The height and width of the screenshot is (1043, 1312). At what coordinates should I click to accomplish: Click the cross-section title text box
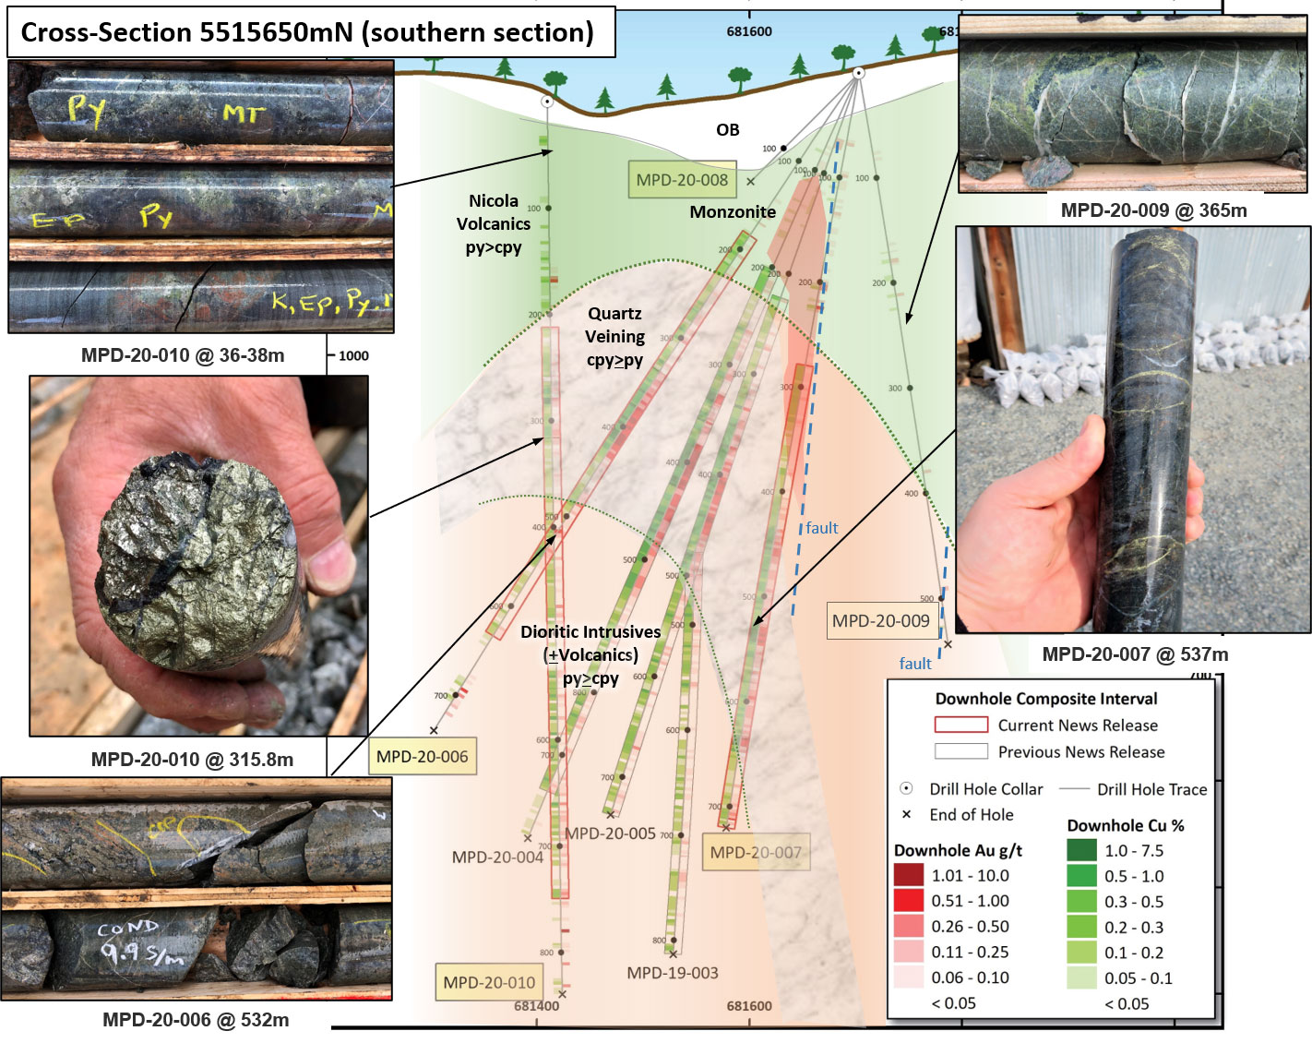tap(307, 32)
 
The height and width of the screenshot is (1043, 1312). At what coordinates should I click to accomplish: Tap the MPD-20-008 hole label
tap(682, 181)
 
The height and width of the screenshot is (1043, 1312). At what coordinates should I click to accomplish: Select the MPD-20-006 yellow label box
tap(423, 757)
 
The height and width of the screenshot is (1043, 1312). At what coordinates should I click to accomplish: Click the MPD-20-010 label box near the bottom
tap(489, 983)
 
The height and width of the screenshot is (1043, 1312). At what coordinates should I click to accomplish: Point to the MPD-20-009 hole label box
tap(881, 621)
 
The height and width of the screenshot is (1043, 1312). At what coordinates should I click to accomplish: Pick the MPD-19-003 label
tap(673, 973)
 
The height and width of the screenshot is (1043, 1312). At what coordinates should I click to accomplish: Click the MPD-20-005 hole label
tap(610, 833)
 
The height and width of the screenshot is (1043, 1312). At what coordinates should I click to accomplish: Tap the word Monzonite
tap(733, 212)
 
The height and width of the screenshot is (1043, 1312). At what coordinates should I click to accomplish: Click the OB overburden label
tap(728, 130)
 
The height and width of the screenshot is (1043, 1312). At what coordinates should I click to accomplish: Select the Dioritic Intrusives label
tap(590, 632)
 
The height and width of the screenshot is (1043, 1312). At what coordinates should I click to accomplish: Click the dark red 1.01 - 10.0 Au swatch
tap(909, 875)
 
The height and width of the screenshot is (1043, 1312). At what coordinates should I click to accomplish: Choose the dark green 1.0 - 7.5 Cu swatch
tap(1081, 850)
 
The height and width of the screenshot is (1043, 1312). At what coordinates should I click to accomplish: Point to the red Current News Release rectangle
tap(960, 725)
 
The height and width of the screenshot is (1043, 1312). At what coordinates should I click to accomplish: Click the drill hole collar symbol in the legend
tap(906, 788)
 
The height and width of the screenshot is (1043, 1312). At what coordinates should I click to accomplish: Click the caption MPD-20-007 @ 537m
tap(1135, 654)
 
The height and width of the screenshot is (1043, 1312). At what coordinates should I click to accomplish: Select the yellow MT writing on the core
tap(244, 114)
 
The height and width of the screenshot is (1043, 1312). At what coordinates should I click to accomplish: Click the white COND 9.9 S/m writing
tap(138, 941)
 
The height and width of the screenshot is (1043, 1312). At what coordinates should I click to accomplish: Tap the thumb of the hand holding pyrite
tap(328, 563)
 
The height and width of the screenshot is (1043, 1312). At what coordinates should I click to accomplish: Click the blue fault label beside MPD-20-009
tap(915, 664)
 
